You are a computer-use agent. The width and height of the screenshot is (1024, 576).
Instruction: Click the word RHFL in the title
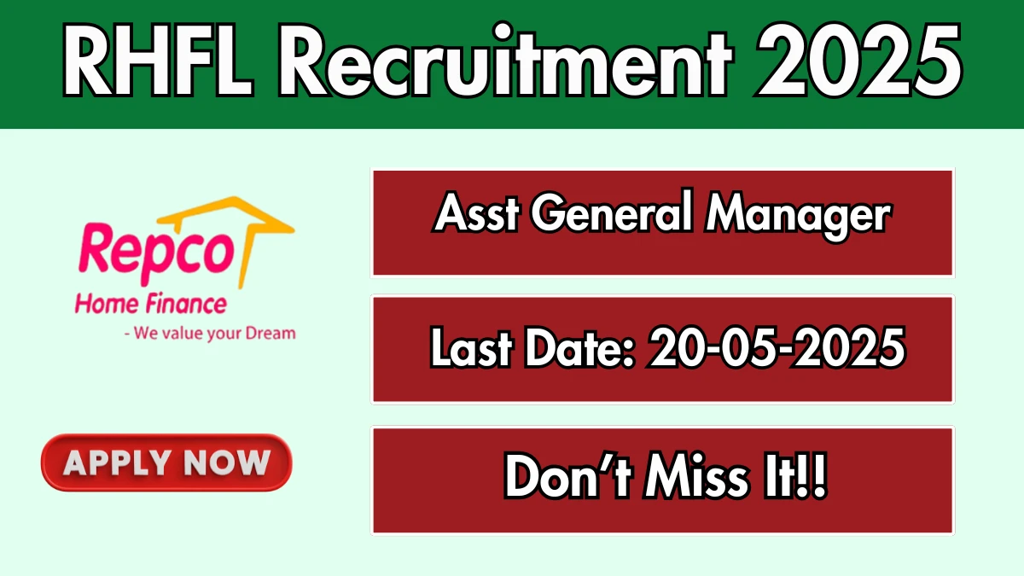(158, 61)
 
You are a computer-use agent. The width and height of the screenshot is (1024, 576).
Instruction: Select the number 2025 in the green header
(859, 60)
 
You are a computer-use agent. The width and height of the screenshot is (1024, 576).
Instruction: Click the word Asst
(477, 212)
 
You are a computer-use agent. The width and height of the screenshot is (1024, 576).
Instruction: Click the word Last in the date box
(471, 347)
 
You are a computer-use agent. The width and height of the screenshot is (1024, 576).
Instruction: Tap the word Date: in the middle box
(579, 347)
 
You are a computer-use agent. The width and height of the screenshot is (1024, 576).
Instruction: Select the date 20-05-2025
(777, 347)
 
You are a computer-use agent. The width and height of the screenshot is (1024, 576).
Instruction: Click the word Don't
(568, 476)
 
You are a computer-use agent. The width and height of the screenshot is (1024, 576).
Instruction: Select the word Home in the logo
(107, 305)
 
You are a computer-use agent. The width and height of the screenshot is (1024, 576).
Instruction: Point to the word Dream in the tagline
(271, 334)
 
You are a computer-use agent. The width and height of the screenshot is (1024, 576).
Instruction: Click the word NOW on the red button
(227, 463)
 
